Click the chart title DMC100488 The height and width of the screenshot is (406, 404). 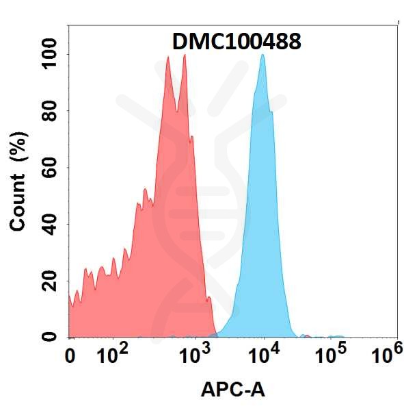pos(236,42)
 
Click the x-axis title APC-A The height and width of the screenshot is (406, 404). pos(232,390)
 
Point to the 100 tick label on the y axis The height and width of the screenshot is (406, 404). pos(50,53)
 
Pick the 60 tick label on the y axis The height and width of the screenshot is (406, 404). pos(50,167)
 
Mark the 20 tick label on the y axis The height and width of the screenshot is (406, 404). pos(50,281)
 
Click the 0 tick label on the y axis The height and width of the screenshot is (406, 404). pos(50,336)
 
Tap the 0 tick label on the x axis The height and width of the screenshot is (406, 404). pos(70,356)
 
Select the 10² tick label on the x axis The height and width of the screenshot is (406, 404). pos(113,355)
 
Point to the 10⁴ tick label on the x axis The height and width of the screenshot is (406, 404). pos(263,355)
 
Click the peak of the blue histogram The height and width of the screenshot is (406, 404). pos(262,57)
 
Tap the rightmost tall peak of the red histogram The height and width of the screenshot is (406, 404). pos(184,57)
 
